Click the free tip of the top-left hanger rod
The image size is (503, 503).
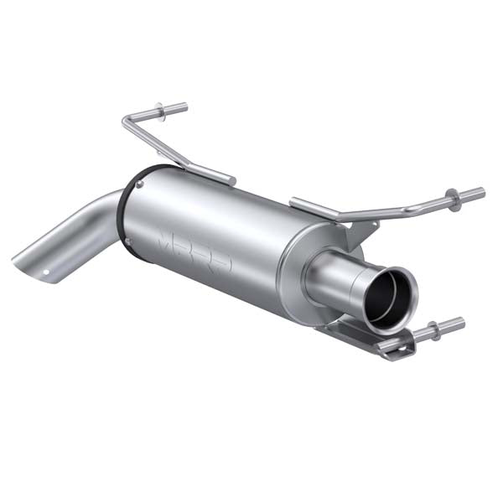pos(184,106)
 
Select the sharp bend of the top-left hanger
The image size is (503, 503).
pos(125,125)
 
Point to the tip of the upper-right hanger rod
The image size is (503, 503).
pos(481,193)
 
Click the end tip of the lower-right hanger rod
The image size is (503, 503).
pos(461,321)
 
